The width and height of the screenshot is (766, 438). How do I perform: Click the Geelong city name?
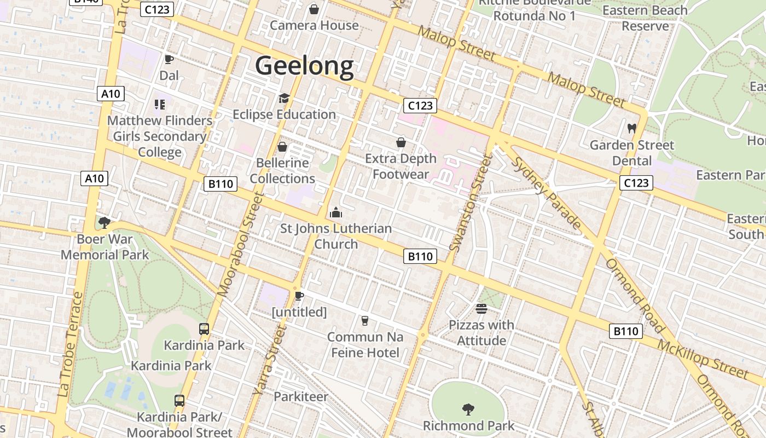click(x=304, y=66)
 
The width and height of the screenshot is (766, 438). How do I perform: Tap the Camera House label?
click(x=314, y=25)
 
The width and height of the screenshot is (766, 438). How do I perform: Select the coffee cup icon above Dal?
click(x=169, y=59)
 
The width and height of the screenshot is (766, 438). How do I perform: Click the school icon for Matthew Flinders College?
click(x=160, y=104)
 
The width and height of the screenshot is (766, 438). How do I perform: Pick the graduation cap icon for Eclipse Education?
click(x=284, y=98)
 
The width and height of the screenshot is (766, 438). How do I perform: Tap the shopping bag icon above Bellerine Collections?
click(x=282, y=147)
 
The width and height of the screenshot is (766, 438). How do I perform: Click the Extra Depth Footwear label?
click(x=401, y=166)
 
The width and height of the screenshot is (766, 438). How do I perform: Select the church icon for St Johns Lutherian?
click(x=336, y=212)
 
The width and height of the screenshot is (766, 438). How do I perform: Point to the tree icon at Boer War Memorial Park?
click(x=104, y=222)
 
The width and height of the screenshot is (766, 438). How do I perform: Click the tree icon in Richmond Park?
click(x=468, y=408)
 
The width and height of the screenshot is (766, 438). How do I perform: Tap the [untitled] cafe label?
click(x=299, y=312)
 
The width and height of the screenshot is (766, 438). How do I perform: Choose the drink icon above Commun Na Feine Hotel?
click(x=365, y=321)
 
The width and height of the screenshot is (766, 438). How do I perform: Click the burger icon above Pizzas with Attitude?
click(x=481, y=309)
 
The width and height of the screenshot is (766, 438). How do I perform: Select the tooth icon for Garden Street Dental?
click(x=632, y=129)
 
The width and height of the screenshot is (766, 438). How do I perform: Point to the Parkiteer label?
click(x=301, y=396)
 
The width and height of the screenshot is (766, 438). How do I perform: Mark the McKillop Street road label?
click(x=703, y=360)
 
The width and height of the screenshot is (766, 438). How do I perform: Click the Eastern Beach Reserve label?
click(x=645, y=18)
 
